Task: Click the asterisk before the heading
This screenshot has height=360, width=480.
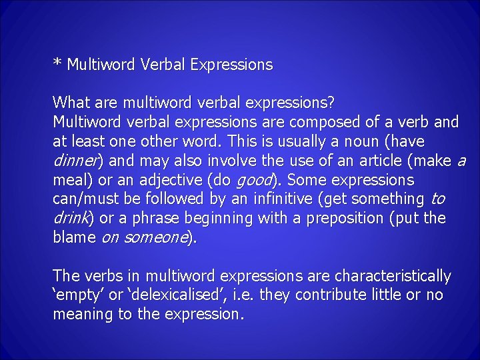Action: coord(57,63)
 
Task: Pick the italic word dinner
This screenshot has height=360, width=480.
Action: coord(76,161)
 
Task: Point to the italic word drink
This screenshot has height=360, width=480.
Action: coord(71,219)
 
